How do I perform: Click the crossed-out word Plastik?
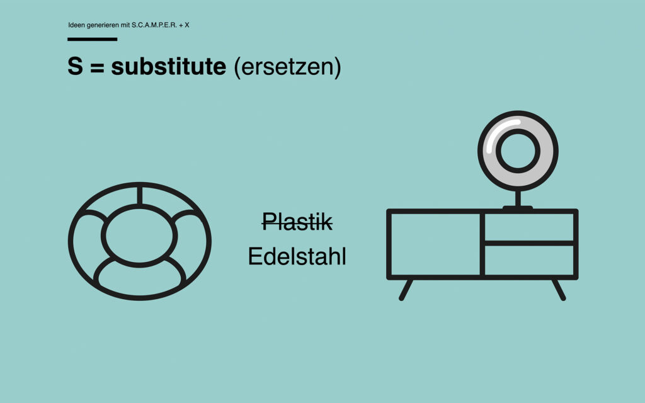pyautogui.click(x=297, y=221)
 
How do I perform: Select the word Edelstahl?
pyautogui.click(x=297, y=257)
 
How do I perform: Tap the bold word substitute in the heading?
pyautogui.click(x=168, y=67)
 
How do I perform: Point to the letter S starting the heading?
pyautogui.click(x=75, y=67)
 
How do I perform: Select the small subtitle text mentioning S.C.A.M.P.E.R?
pyautogui.click(x=128, y=25)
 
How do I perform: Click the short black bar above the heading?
pyautogui.click(x=92, y=39)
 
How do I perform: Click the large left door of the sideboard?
pyautogui.click(x=435, y=244)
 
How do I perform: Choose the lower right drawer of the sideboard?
pyautogui.click(x=529, y=260)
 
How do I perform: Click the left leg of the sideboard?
pyautogui.click(x=406, y=289)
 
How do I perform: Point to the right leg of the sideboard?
pyautogui.click(x=559, y=289)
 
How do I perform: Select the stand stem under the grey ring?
pyautogui.click(x=518, y=198)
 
